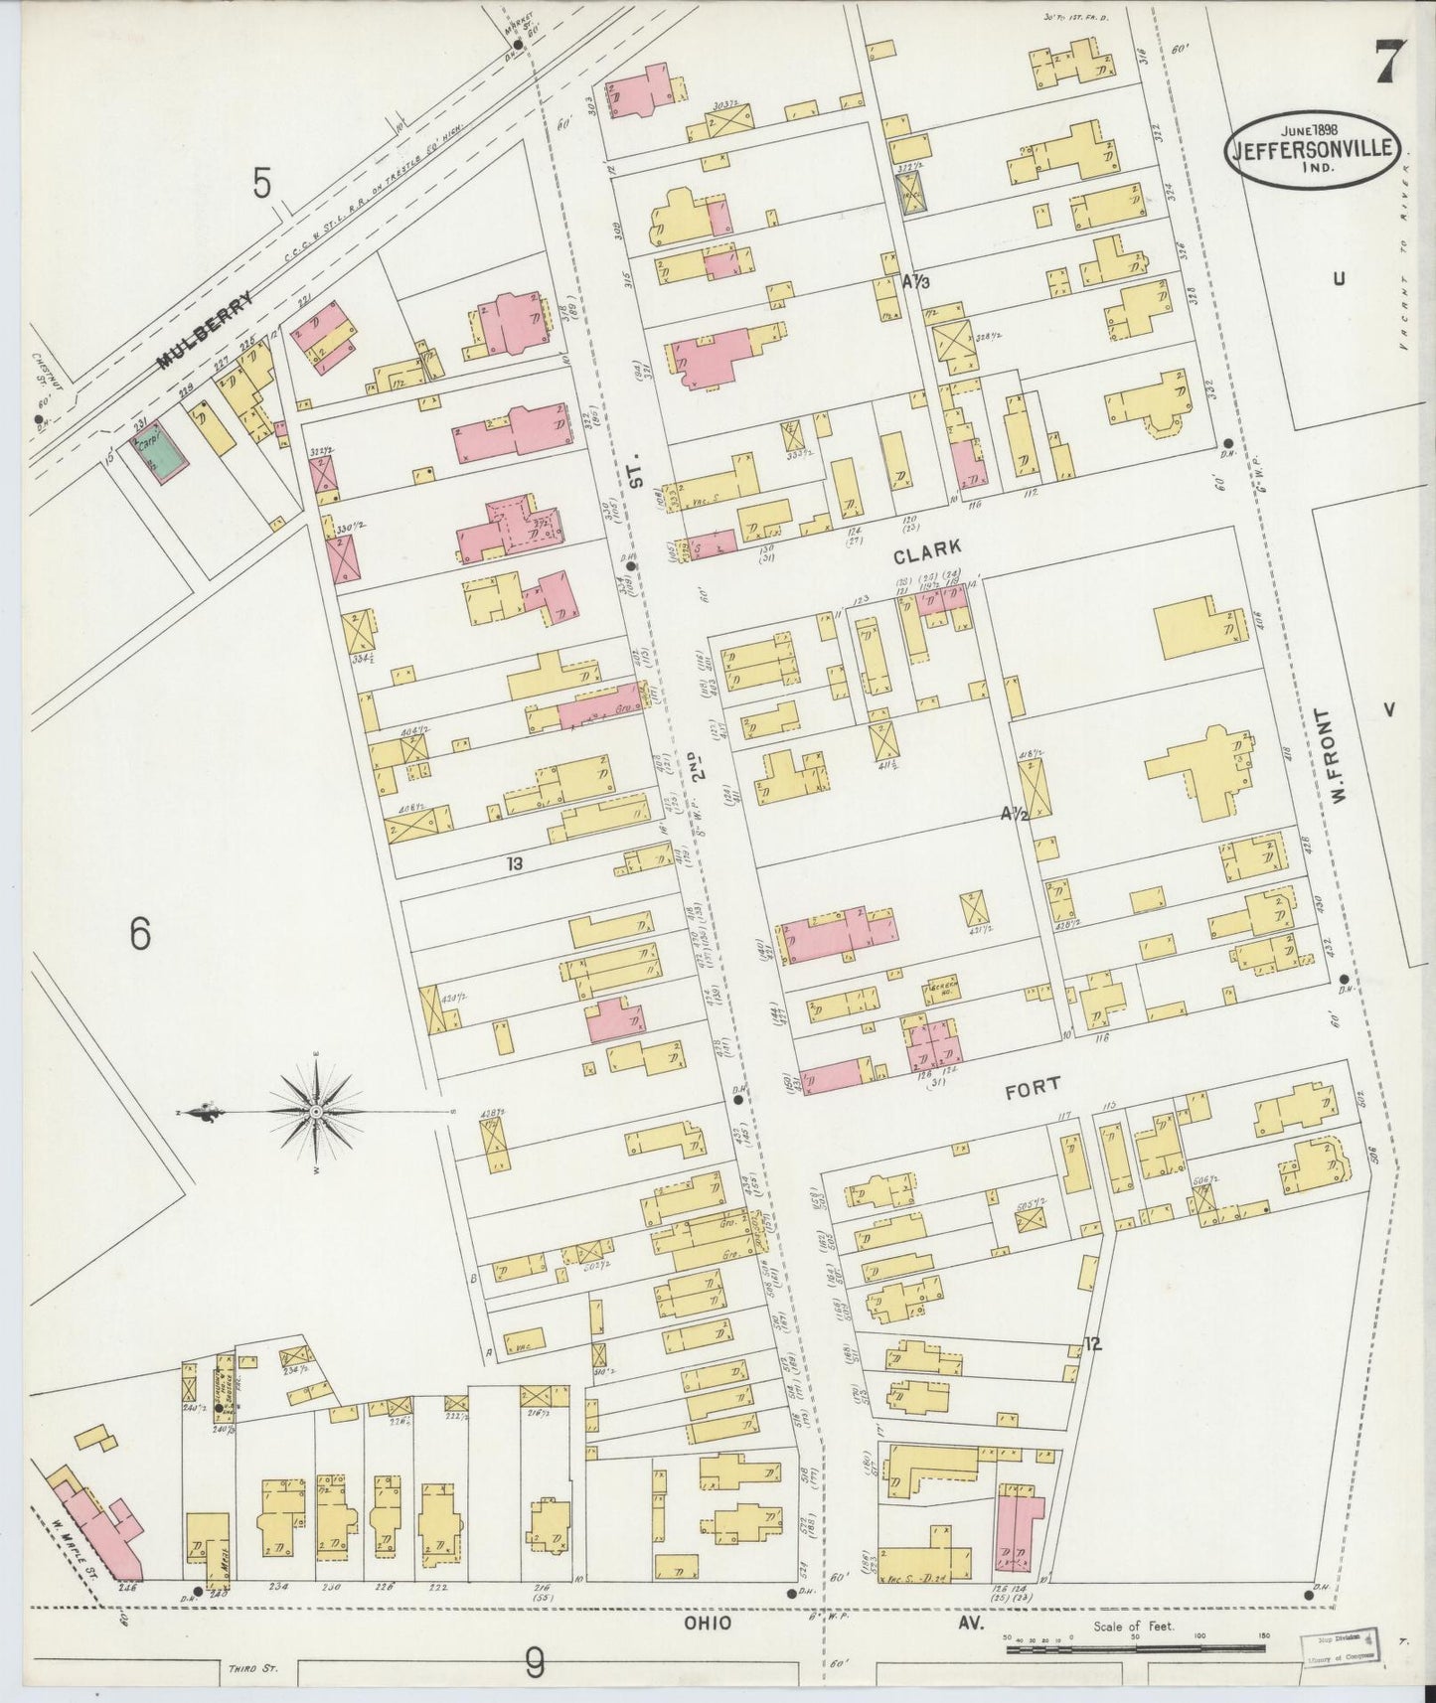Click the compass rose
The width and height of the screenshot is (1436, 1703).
coord(315,1110)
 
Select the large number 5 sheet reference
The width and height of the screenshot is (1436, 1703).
coord(260,184)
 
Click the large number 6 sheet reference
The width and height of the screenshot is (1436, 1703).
coord(140,935)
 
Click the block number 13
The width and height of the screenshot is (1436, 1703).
coord(513,863)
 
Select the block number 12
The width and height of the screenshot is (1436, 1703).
coord(1093,1345)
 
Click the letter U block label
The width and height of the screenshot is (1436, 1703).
coord(1339,279)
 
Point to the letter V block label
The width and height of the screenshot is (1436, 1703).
coord(1388,709)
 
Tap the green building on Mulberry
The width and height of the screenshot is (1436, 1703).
coord(157,453)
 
